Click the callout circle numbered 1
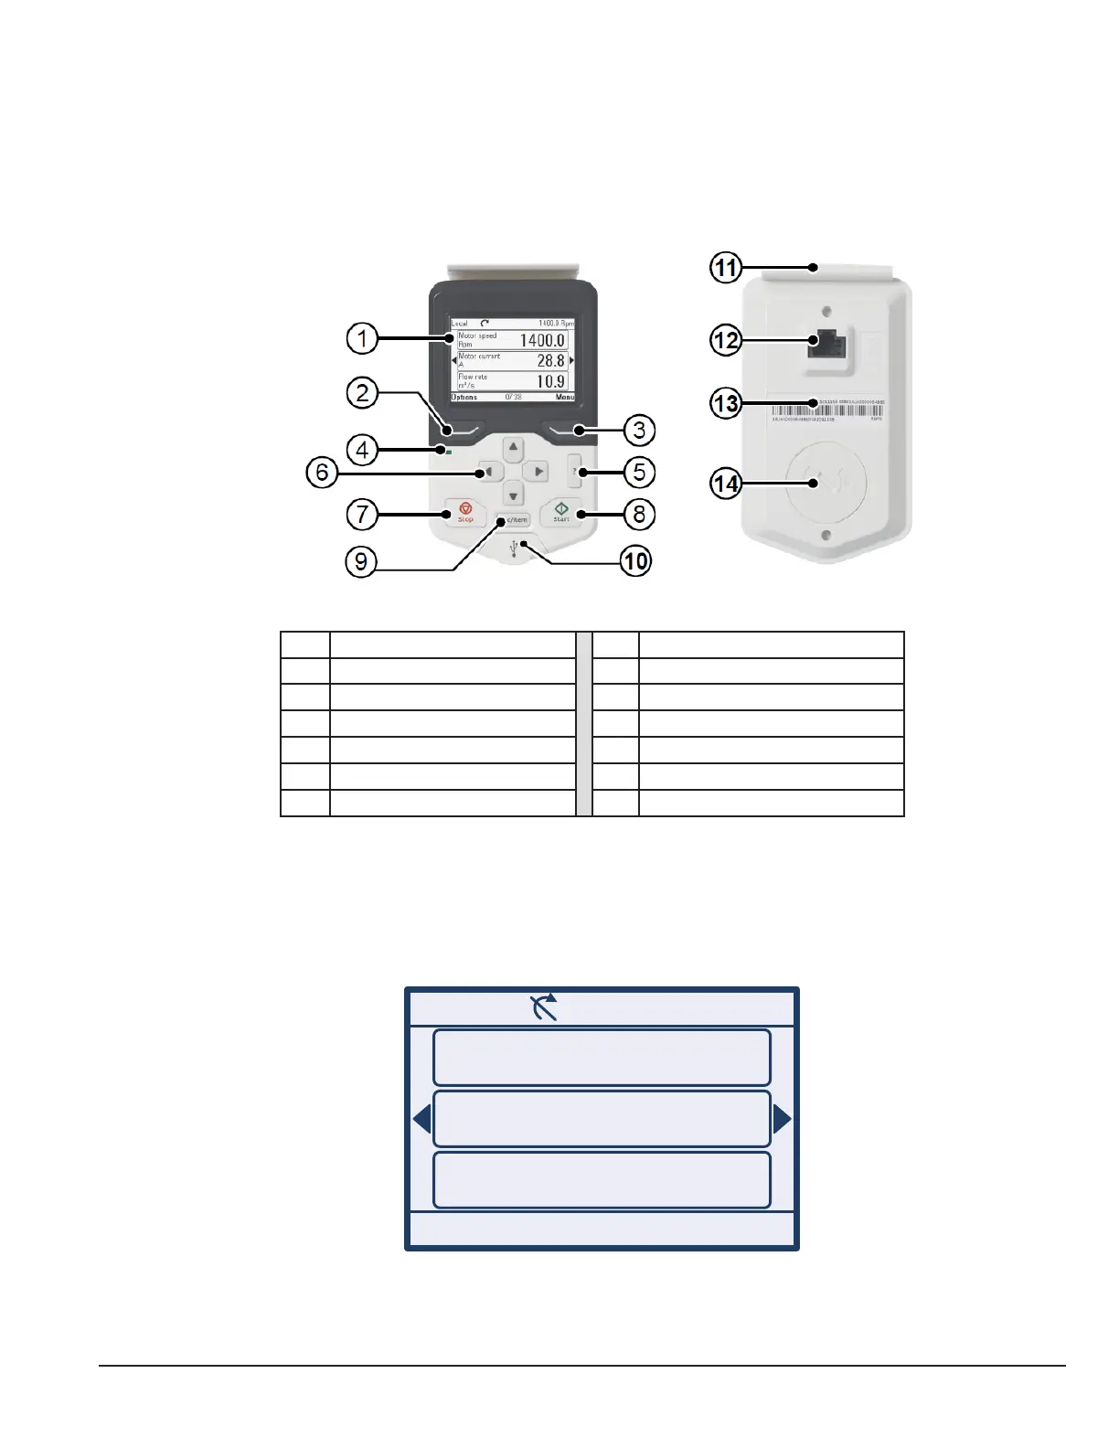362,339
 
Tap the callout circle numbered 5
639,473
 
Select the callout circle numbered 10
636,560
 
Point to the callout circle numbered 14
726,483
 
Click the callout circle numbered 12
726,340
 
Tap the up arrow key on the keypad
514,448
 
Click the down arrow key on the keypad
514,495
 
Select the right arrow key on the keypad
538,472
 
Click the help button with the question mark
575,471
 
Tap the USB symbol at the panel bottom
517,548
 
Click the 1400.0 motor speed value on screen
542,340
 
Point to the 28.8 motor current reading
550,361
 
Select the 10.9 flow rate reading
550,381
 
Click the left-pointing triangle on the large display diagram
421,1118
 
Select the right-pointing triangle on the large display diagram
782,1118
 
